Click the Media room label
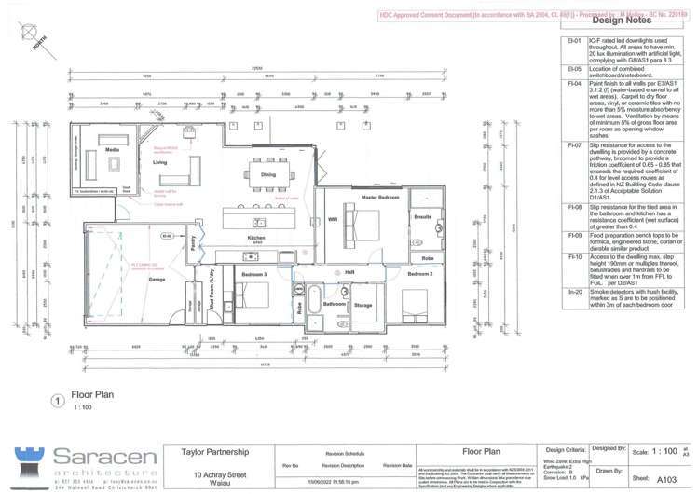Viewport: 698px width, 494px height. point(112,149)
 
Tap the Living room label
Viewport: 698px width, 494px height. point(159,162)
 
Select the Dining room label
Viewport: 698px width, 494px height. point(267,174)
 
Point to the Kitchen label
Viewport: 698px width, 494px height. point(256,238)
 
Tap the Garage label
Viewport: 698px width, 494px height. point(157,279)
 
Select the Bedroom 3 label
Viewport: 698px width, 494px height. point(254,275)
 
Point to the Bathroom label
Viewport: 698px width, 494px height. point(335,304)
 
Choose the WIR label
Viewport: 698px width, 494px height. point(333,220)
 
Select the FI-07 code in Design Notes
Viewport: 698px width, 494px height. point(574,146)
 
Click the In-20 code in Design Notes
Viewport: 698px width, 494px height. point(574,291)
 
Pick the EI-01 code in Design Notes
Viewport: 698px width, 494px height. point(574,42)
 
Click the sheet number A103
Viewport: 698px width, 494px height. point(666,479)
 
